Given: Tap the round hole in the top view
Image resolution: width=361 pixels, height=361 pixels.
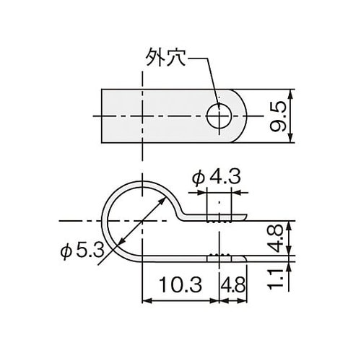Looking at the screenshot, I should [219, 115].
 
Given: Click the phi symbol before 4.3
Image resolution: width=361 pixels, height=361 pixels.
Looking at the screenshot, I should [201, 175].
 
